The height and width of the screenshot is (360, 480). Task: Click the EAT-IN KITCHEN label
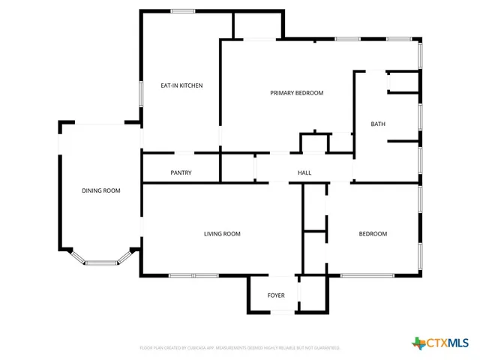tap(181, 85)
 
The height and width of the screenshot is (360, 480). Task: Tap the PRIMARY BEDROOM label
tap(296, 93)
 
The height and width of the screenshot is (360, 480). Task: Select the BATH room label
tap(378, 124)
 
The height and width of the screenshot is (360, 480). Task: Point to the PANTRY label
tap(181, 173)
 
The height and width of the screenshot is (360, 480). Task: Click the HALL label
tap(304, 173)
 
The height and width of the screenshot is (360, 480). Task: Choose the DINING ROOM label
tap(100, 190)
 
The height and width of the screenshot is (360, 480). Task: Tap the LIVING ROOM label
tap(222, 234)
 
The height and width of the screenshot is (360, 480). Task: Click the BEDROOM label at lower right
tap(373, 234)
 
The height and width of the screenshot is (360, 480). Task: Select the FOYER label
tap(276, 295)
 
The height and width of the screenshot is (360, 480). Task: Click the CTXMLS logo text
tap(447, 343)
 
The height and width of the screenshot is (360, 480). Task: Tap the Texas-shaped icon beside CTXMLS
tap(418, 343)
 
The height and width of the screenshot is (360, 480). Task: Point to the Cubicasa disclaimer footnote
tap(240, 348)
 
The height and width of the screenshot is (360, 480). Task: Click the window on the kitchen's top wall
tap(183, 10)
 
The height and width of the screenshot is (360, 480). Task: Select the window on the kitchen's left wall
tap(141, 93)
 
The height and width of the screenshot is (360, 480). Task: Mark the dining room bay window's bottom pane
tap(100, 262)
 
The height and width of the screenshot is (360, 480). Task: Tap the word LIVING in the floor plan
tap(212, 234)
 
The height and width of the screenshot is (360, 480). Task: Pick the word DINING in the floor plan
tap(91, 190)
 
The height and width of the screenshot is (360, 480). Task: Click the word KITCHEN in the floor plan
tap(190, 85)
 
